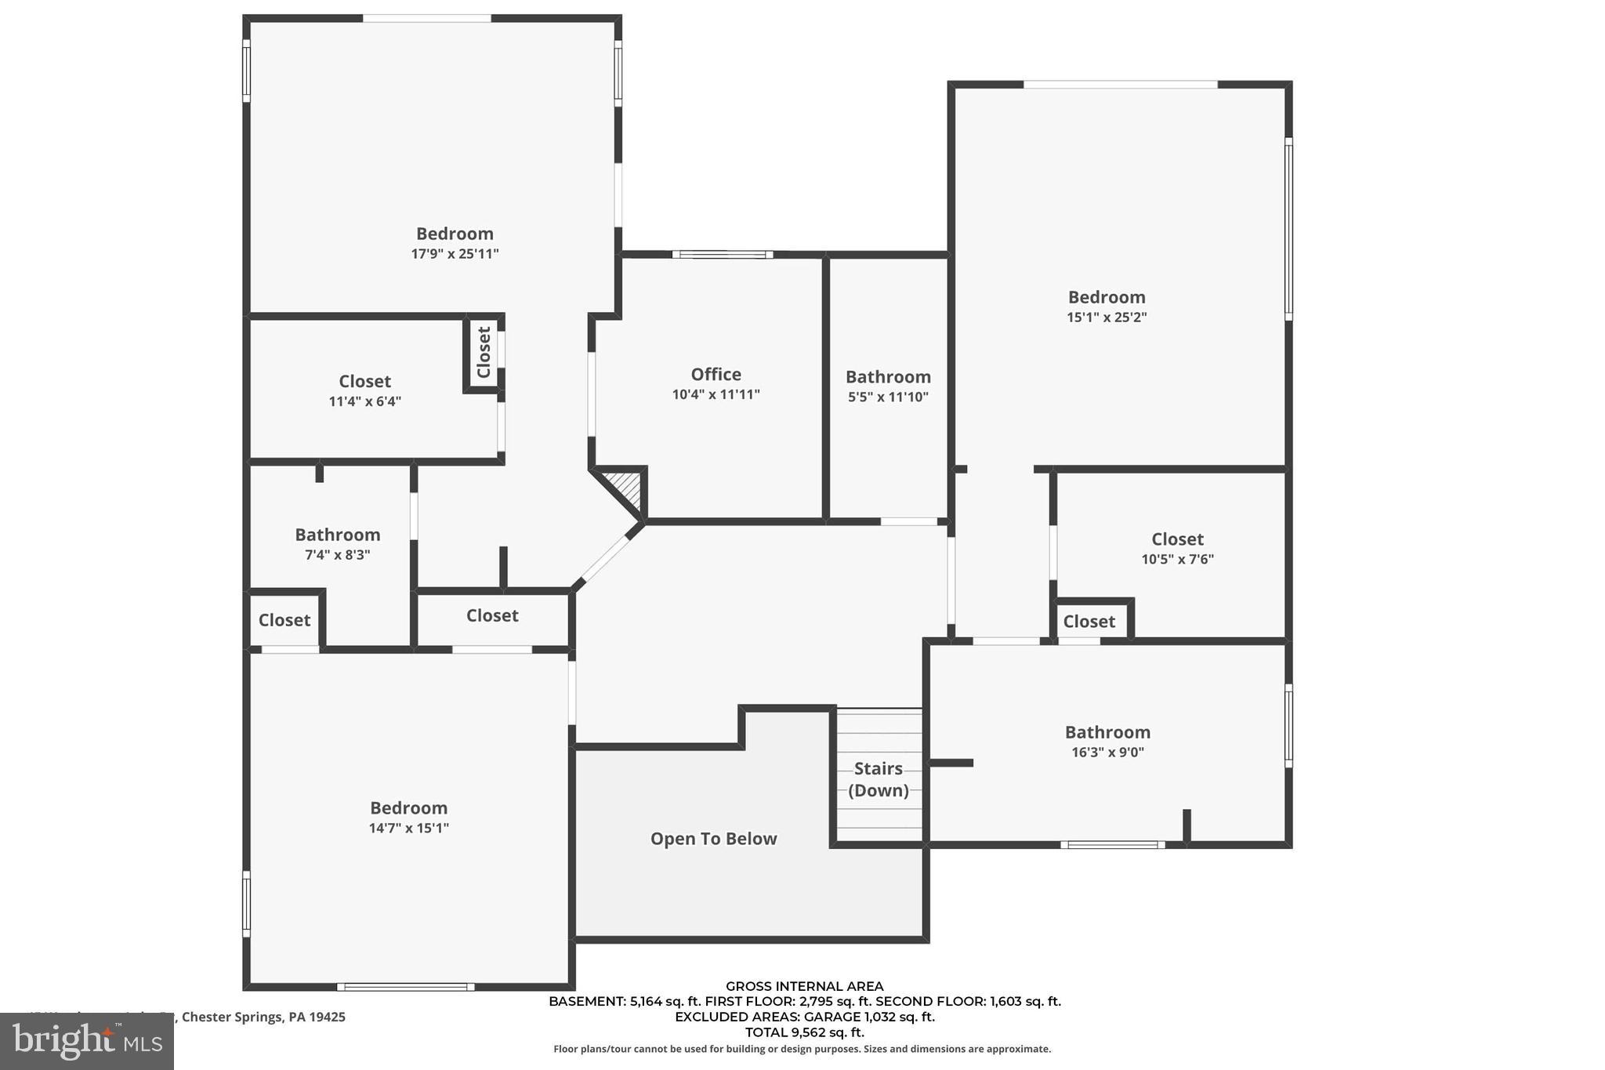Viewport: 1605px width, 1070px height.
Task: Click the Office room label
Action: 716,375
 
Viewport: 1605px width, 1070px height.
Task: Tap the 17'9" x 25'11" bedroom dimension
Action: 455,254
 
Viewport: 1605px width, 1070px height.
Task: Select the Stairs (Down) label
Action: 878,779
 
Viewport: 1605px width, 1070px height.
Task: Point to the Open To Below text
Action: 713,839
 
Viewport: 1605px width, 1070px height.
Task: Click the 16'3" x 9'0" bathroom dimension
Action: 1107,753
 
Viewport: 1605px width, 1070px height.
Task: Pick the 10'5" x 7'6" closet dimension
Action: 1177,560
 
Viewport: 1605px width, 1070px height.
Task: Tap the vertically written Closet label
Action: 484,352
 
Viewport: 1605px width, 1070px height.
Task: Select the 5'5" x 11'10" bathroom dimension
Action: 888,397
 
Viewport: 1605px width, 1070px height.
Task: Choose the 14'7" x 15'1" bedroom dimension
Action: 408,829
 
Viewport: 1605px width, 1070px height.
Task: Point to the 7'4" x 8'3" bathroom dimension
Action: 337,555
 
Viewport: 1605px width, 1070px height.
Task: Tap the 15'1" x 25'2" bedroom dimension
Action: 1107,317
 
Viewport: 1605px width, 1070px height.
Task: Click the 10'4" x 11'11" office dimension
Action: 716,395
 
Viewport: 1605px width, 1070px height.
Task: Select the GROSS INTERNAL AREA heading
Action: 804,986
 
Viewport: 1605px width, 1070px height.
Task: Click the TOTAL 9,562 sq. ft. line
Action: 804,1032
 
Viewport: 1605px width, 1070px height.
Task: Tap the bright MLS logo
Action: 87,1041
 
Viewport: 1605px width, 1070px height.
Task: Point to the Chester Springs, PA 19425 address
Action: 263,1017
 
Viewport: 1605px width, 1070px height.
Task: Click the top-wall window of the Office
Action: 723,254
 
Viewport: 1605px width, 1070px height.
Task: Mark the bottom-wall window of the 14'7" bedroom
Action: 405,987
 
